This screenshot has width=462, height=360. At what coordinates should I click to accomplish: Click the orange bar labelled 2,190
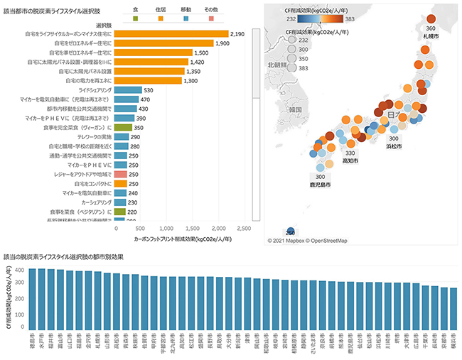[x=171, y=33]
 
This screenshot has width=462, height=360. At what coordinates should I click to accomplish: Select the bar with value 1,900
[x=163, y=43]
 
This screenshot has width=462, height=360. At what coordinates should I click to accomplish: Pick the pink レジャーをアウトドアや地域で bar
[x=121, y=175]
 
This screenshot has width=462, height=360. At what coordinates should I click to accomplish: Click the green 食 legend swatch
[x=135, y=18]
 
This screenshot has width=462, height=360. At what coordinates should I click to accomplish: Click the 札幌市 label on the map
[x=431, y=35]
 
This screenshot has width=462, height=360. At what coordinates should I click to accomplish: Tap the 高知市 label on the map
[x=350, y=161]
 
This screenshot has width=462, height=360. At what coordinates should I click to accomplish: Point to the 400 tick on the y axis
[x=18, y=271]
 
